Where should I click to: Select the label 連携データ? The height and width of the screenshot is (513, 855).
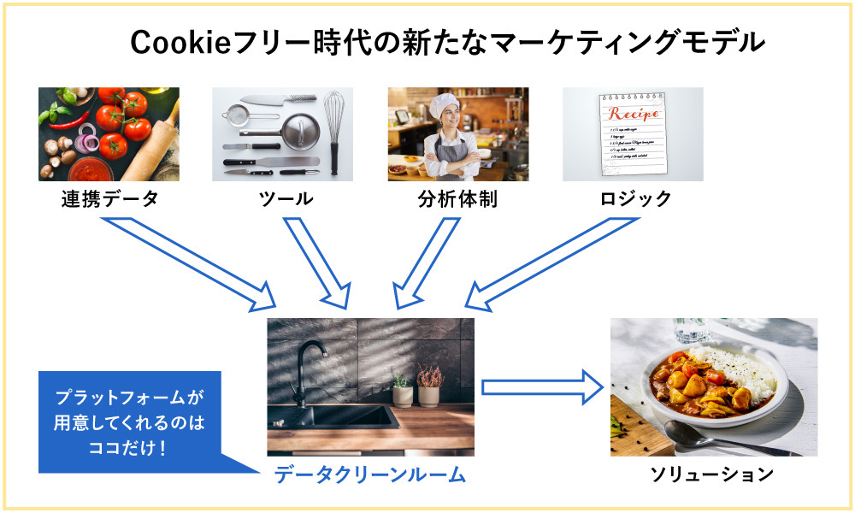pos(109,200)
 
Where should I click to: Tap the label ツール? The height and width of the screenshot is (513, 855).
pos(286,200)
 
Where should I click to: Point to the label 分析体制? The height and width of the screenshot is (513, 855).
pos(457,200)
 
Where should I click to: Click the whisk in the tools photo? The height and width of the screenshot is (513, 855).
pos(333,128)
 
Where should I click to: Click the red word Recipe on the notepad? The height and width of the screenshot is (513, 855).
pos(634,114)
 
